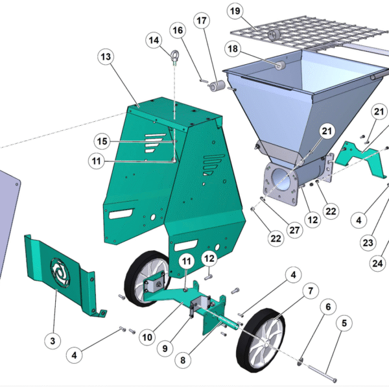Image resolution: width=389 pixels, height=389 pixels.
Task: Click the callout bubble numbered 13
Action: [106, 57]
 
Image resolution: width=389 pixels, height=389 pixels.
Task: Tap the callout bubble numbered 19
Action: [235, 11]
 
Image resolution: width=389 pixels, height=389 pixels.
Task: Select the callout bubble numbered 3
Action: [53, 341]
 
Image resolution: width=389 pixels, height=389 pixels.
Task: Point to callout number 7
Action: [311, 290]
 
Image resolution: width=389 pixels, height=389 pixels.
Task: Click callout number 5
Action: [344, 324]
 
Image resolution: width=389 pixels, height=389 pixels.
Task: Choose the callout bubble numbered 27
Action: [294, 230]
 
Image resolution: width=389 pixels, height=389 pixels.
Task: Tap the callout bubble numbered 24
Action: [377, 263]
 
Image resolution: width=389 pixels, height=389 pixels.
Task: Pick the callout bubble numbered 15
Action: [102, 141]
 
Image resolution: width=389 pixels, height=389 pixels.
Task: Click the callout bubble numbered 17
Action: [202, 21]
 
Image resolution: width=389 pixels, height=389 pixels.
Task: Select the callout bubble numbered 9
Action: [165, 349]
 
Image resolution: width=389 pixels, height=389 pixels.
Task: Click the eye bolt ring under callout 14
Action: [175, 54]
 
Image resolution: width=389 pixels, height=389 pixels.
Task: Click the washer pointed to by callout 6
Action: [301, 361]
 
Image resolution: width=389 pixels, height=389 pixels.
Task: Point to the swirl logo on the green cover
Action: [60, 272]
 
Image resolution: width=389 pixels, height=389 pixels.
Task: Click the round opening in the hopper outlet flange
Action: [281, 182]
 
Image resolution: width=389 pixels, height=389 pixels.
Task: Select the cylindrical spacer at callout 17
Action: [217, 86]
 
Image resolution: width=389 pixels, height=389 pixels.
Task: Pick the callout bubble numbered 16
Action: [178, 30]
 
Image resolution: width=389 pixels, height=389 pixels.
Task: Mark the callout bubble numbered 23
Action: [368, 242]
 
